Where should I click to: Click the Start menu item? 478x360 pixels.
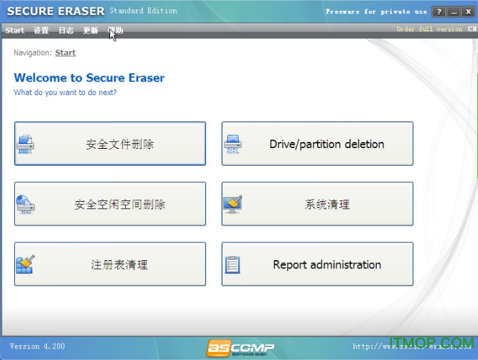14,31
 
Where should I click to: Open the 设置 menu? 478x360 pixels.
41,31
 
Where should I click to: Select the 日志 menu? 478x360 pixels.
66,31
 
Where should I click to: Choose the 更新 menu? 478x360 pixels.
90,31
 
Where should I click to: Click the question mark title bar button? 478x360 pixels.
439,12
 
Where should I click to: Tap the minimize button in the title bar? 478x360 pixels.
454,12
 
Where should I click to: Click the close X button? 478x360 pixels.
468,12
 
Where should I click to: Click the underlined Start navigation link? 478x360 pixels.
65,53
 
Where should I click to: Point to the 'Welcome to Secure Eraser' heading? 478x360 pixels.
89,78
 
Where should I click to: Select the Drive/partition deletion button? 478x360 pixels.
318,144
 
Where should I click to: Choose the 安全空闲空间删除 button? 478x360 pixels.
110,204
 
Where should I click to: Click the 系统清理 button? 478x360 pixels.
318,204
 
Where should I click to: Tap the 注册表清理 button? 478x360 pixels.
110,264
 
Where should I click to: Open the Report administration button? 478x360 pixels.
318,264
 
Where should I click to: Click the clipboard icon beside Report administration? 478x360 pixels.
233,264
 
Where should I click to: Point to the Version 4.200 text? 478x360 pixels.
37,346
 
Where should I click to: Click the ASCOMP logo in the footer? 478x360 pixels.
241,348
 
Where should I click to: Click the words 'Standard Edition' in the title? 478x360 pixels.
143,11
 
